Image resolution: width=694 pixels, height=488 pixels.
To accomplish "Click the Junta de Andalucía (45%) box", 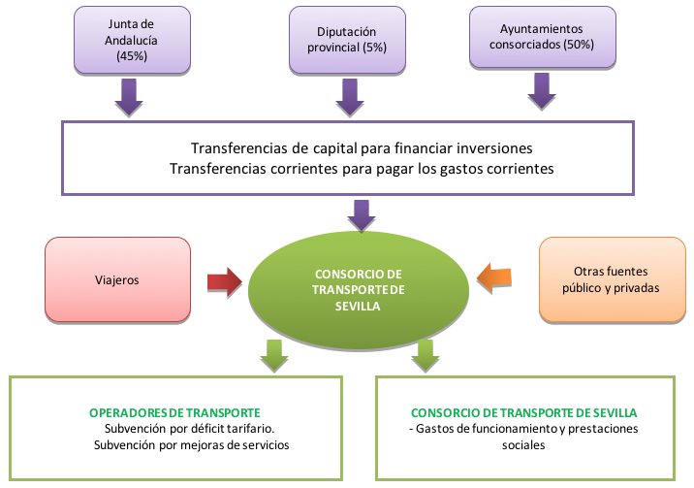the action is [x=132, y=40].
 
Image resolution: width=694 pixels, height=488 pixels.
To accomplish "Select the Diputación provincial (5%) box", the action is [x=347, y=40].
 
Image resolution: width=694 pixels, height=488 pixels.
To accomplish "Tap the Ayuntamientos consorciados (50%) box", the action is [x=543, y=37].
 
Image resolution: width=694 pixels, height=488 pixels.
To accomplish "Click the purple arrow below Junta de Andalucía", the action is [x=129, y=97].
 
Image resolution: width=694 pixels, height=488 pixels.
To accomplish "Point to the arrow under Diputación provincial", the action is [x=350, y=97].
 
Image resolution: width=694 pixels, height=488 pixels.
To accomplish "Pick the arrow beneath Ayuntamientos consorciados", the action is [x=542, y=91].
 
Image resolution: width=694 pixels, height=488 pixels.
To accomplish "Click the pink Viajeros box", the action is [x=117, y=279].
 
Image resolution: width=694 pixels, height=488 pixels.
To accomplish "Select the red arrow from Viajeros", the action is [x=225, y=281].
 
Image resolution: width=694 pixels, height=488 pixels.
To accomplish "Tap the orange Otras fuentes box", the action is [x=613, y=279].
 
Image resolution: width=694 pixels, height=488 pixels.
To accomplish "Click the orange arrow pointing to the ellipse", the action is [x=494, y=277].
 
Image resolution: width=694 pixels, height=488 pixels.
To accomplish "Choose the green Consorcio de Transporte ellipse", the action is [x=358, y=290].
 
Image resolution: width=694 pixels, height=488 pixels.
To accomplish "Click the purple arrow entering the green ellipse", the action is [x=362, y=215].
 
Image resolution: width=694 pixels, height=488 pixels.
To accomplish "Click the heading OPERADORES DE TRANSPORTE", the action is [x=174, y=413].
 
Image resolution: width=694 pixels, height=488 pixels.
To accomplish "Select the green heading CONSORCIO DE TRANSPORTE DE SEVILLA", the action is [x=524, y=413].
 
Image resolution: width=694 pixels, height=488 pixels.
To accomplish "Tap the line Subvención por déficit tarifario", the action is [x=189, y=429].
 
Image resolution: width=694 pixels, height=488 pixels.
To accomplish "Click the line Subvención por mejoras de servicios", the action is [x=191, y=445].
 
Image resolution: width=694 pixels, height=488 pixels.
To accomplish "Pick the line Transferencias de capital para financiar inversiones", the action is [x=362, y=148].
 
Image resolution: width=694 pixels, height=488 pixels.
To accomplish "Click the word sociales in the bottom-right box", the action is [x=523, y=445].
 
